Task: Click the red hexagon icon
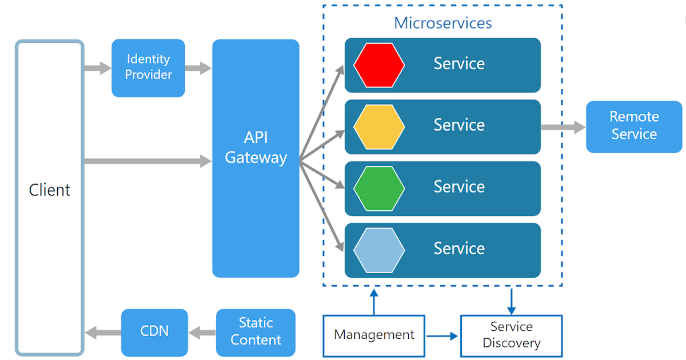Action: [x=379, y=65]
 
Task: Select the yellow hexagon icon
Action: [x=379, y=127]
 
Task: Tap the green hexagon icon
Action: [x=379, y=189]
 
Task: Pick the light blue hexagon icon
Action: [x=379, y=250]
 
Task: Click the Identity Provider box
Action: [x=148, y=67]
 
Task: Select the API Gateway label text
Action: [x=256, y=148]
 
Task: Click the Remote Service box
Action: [x=634, y=126]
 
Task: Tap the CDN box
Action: [x=154, y=332]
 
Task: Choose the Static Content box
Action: [x=256, y=332]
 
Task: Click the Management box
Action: [x=374, y=335]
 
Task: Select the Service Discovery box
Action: [x=511, y=335]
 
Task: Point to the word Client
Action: [x=50, y=190]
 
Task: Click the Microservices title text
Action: [x=442, y=23]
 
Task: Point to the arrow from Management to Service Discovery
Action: [x=442, y=336]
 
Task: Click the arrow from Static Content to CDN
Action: [x=202, y=332]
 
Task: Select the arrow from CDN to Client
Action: [x=102, y=332]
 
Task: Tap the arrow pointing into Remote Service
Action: [x=563, y=127]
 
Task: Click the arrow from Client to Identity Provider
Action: [x=97, y=69]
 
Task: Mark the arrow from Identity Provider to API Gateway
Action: [x=198, y=69]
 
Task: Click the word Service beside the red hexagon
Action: [x=459, y=63]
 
